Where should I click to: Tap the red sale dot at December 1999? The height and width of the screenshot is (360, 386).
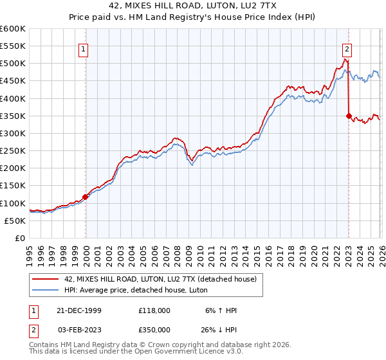(x=86, y=197)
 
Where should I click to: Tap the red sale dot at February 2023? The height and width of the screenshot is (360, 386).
(x=349, y=116)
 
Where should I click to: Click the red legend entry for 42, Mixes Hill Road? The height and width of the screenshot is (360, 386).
(x=160, y=279)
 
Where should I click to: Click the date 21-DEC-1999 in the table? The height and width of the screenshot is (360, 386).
(x=75, y=310)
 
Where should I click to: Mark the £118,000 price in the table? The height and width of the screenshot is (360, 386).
(x=154, y=310)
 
